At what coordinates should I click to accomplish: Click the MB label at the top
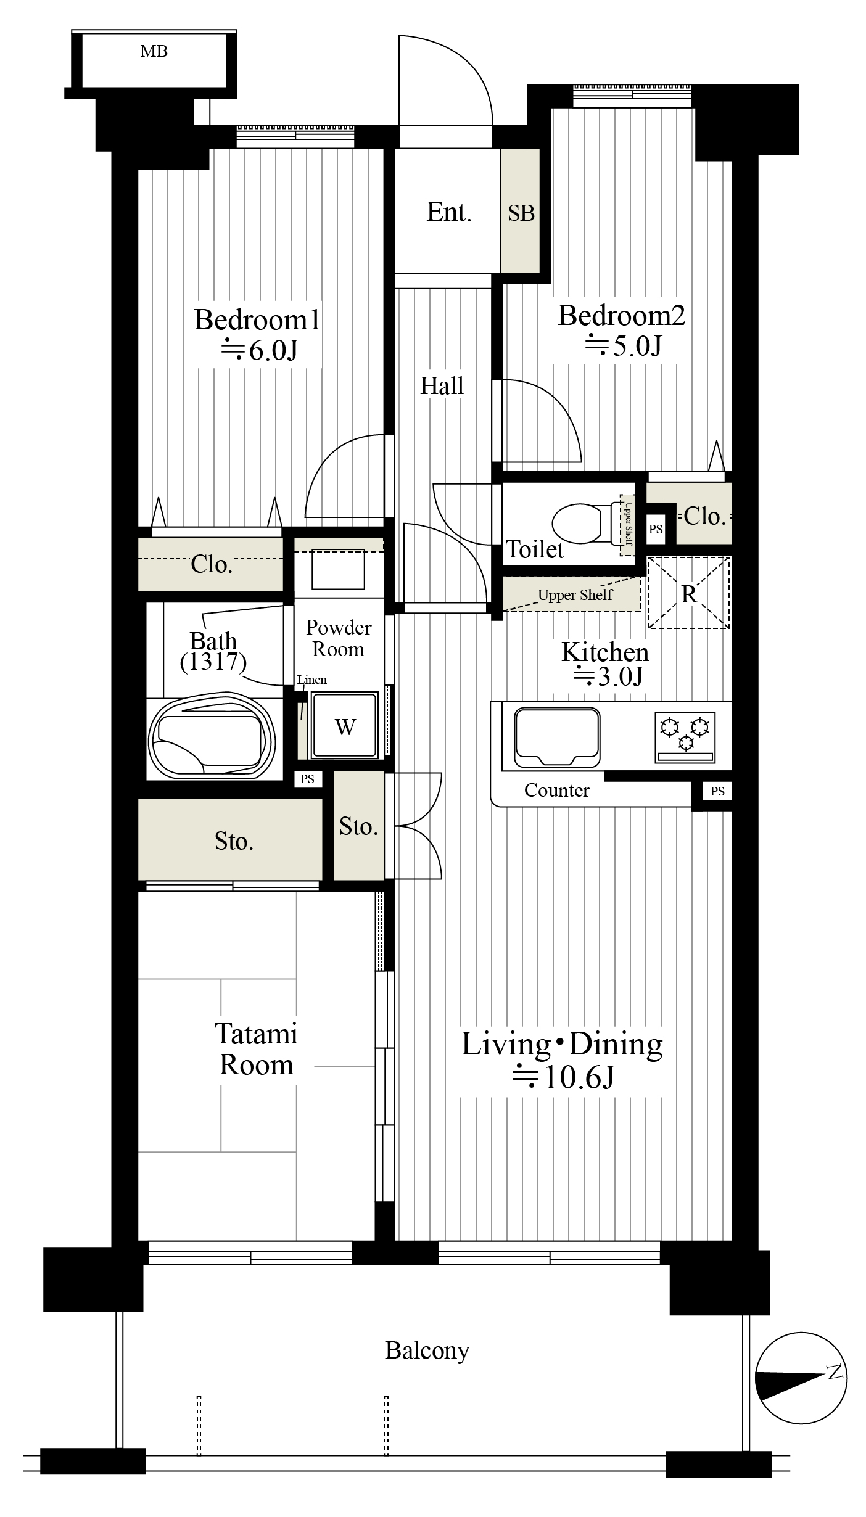point(154,51)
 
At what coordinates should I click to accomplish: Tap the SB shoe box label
point(521,213)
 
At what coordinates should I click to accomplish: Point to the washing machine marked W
point(344,725)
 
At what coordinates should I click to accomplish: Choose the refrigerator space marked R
point(688,593)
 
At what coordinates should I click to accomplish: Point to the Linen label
point(312,680)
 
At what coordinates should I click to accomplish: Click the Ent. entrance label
point(448,212)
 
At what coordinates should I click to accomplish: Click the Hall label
point(442,385)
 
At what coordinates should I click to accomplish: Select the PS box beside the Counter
point(717,791)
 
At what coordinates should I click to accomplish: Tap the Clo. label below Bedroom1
point(211,564)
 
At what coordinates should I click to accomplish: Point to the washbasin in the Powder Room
point(338,569)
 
